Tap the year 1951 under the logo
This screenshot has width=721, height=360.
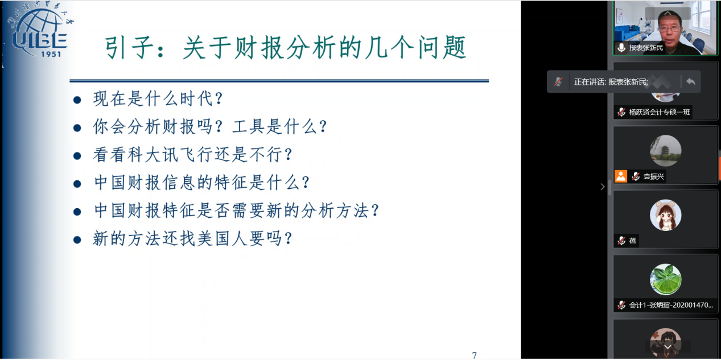point(51,54)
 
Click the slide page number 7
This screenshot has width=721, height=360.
point(474,355)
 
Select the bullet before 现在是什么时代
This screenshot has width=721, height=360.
point(77,100)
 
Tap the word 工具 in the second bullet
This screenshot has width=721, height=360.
point(249,127)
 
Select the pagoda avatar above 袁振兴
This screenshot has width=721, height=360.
point(665,151)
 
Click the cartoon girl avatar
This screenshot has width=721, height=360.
point(665,215)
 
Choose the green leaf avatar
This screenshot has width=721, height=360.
point(665,279)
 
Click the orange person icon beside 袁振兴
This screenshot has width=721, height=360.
point(621,176)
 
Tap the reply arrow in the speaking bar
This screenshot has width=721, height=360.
point(691,82)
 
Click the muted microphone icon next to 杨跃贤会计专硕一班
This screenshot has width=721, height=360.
point(621,112)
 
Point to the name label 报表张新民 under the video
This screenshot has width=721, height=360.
point(646,48)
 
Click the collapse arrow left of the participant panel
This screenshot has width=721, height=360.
point(603,187)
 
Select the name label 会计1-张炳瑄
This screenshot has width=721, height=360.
point(671,305)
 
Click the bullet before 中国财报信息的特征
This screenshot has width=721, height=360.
point(77,184)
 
